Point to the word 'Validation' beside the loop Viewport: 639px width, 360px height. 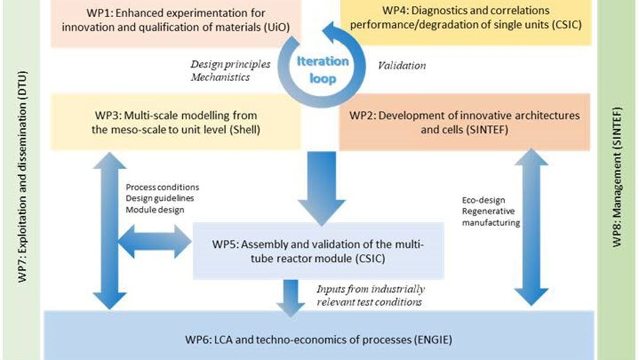(x=402, y=66)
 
